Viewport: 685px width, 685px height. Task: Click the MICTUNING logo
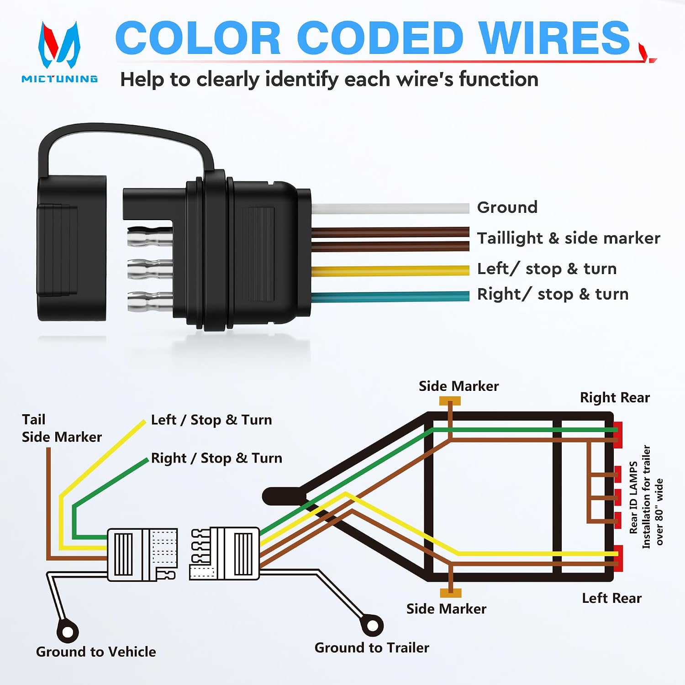(59, 52)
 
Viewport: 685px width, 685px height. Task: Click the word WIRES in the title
(555, 38)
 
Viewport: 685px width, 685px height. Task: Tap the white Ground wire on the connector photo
(390, 209)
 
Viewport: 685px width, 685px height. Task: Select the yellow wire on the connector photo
(390, 271)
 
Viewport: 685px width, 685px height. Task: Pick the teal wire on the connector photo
(390, 296)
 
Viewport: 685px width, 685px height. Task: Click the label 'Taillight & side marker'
(569, 238)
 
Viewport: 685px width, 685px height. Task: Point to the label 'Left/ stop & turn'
(547, 269)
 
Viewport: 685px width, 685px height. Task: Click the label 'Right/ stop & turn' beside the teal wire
(553, 294)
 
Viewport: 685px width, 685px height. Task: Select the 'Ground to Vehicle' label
(96, 652)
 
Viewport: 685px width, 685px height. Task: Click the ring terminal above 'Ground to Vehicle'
(68, 632)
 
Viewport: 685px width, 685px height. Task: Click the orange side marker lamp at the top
(450, 401)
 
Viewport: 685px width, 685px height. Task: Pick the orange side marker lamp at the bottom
(451, 593)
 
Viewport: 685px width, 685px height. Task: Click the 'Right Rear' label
(615, 397)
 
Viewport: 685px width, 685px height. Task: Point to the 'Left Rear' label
(611, 598)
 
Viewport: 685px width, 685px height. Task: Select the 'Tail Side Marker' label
(62, 428)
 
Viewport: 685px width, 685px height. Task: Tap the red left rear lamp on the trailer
(618, 558)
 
